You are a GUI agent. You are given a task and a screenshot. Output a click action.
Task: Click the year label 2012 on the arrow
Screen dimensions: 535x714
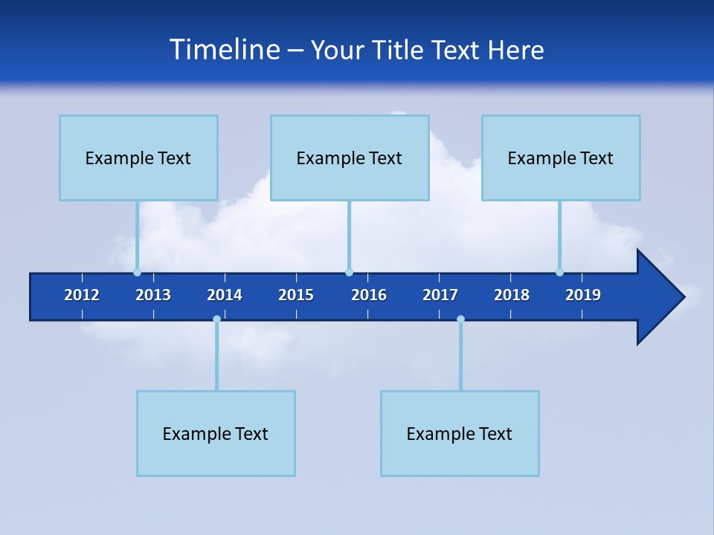pos(82,295)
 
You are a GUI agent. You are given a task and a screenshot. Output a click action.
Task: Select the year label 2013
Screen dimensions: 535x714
pos(153,295)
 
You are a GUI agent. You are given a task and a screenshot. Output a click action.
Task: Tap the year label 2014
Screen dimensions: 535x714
pos(225,295)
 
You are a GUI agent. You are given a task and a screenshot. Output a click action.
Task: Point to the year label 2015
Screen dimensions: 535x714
pos(296,295)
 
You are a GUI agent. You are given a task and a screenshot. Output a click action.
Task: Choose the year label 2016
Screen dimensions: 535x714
pos(369,295)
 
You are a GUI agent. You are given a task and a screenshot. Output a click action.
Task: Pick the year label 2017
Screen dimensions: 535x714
pos(440,295)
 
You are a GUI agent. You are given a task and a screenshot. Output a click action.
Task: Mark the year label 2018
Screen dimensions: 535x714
pos(512,295)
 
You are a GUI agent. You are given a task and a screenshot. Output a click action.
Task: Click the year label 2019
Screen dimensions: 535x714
pos(583,295)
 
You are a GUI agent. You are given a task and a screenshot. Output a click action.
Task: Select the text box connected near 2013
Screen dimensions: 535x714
pos(138,158)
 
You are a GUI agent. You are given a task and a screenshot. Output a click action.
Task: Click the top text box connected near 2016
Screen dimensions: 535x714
pos(350,158)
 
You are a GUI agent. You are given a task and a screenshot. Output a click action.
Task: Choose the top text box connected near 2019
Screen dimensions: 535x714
pos(561,158)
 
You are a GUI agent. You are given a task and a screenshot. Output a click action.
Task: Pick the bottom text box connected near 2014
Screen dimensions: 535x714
pos(216,433)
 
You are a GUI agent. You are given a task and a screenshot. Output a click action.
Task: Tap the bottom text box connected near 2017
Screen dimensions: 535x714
pos(460,433)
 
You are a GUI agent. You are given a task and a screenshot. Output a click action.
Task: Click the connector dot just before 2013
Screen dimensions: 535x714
pos(137,272)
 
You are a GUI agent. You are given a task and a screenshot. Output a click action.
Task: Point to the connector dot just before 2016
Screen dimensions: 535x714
pos(349,272)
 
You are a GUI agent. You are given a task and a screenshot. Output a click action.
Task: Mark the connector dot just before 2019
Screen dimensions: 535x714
pos(559,272)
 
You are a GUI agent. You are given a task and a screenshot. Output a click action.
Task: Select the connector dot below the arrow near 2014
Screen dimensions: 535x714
pos(216,319)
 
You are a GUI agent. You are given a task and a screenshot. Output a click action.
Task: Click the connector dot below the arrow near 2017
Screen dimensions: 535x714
pos(460,319)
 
